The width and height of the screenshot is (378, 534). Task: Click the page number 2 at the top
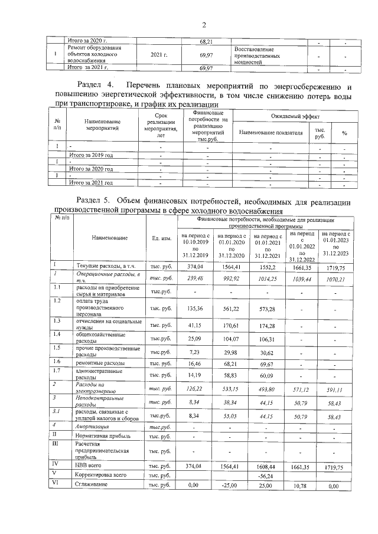pos(204,25)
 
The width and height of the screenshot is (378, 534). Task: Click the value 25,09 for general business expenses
pos(194,339)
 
